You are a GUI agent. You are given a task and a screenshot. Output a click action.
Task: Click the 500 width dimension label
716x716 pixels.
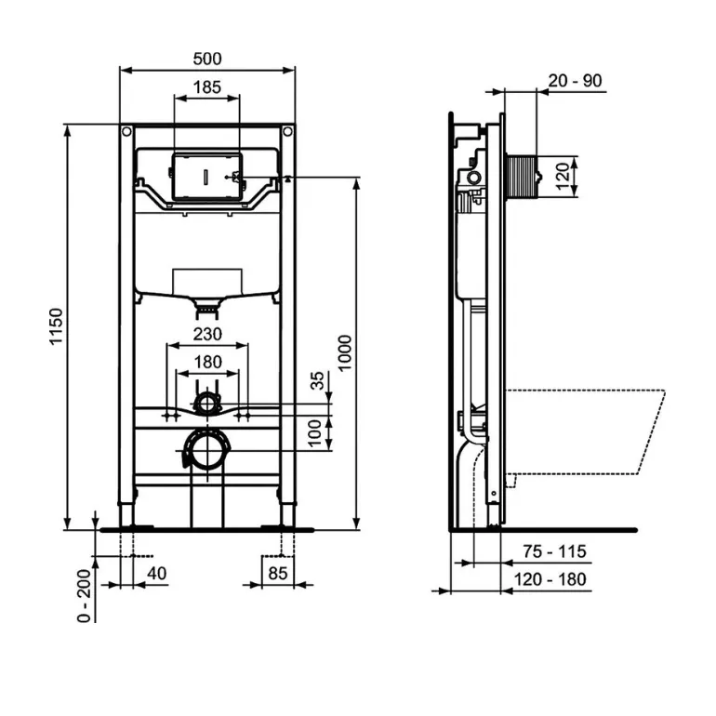(207, 59)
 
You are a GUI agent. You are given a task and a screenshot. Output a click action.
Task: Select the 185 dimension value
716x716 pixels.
(207, 86)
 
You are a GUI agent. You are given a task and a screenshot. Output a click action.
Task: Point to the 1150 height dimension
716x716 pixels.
(56, 327)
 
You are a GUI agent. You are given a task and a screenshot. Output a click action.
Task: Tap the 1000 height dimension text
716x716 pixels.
(345, 353)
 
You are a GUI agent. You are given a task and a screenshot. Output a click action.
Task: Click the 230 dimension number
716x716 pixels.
(207, 334)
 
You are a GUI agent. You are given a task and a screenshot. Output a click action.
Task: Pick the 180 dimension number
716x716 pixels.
(207, 362)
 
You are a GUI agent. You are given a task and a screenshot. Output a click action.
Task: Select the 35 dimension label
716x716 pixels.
(317, 380)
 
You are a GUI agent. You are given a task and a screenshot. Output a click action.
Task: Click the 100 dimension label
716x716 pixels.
(314, 434)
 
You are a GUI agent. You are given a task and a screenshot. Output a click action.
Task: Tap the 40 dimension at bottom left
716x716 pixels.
(156, 573)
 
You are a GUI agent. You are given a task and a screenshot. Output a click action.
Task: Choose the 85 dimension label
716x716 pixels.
(278, 573)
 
